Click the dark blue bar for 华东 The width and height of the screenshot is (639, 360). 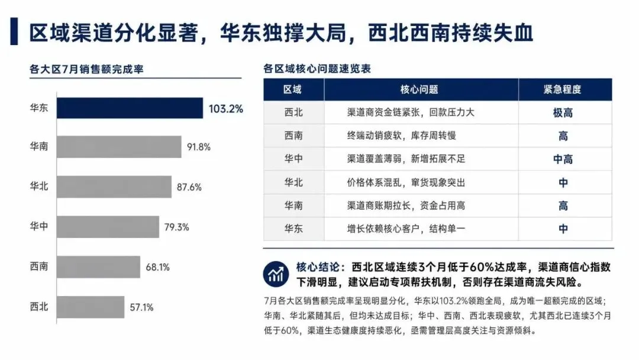(130, 108)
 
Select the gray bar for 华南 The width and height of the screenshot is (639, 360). (119, 147)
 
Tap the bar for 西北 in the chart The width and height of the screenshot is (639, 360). (91, 307)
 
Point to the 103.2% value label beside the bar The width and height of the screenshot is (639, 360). (226, 109)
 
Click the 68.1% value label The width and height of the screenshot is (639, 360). (158, 268)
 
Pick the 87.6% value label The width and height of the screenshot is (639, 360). (189, 187)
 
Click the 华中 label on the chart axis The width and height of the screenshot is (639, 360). (39, 226)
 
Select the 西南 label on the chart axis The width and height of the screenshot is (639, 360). (39, 266)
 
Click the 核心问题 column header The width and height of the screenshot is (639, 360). (419, 89)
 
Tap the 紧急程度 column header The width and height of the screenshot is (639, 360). (563, 89)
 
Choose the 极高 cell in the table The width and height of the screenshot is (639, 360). (563, 113)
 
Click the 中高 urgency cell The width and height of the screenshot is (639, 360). (563, 159)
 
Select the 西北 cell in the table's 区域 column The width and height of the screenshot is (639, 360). (293, 112)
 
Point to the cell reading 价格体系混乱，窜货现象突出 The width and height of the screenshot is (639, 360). (406, 182)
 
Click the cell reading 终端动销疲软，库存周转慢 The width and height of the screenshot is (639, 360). (401, 136)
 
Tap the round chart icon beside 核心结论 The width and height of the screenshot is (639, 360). (276, 274)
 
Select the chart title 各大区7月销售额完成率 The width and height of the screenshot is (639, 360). (86, 69)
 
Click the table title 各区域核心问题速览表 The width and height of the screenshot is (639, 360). (317, 69)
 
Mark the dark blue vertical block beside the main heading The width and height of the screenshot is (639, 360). (14, 31)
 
